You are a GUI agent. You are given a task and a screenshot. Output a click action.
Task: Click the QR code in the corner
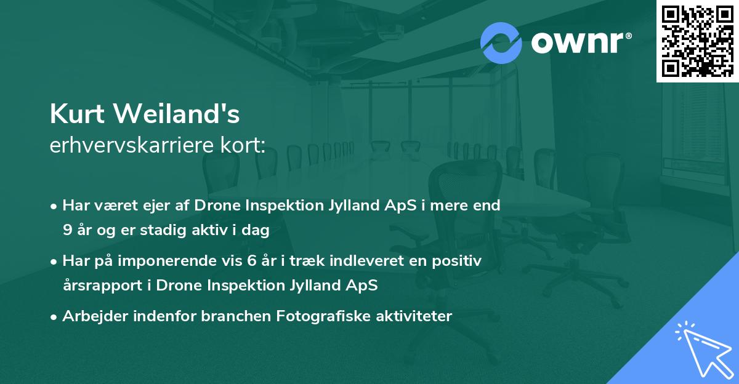pos(697,41)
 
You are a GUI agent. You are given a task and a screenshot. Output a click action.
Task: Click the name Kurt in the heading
pos(78,114)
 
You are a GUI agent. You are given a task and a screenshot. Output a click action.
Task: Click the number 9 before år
pos(67,230)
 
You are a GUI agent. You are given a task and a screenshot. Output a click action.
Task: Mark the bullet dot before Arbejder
pos(54,317)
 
